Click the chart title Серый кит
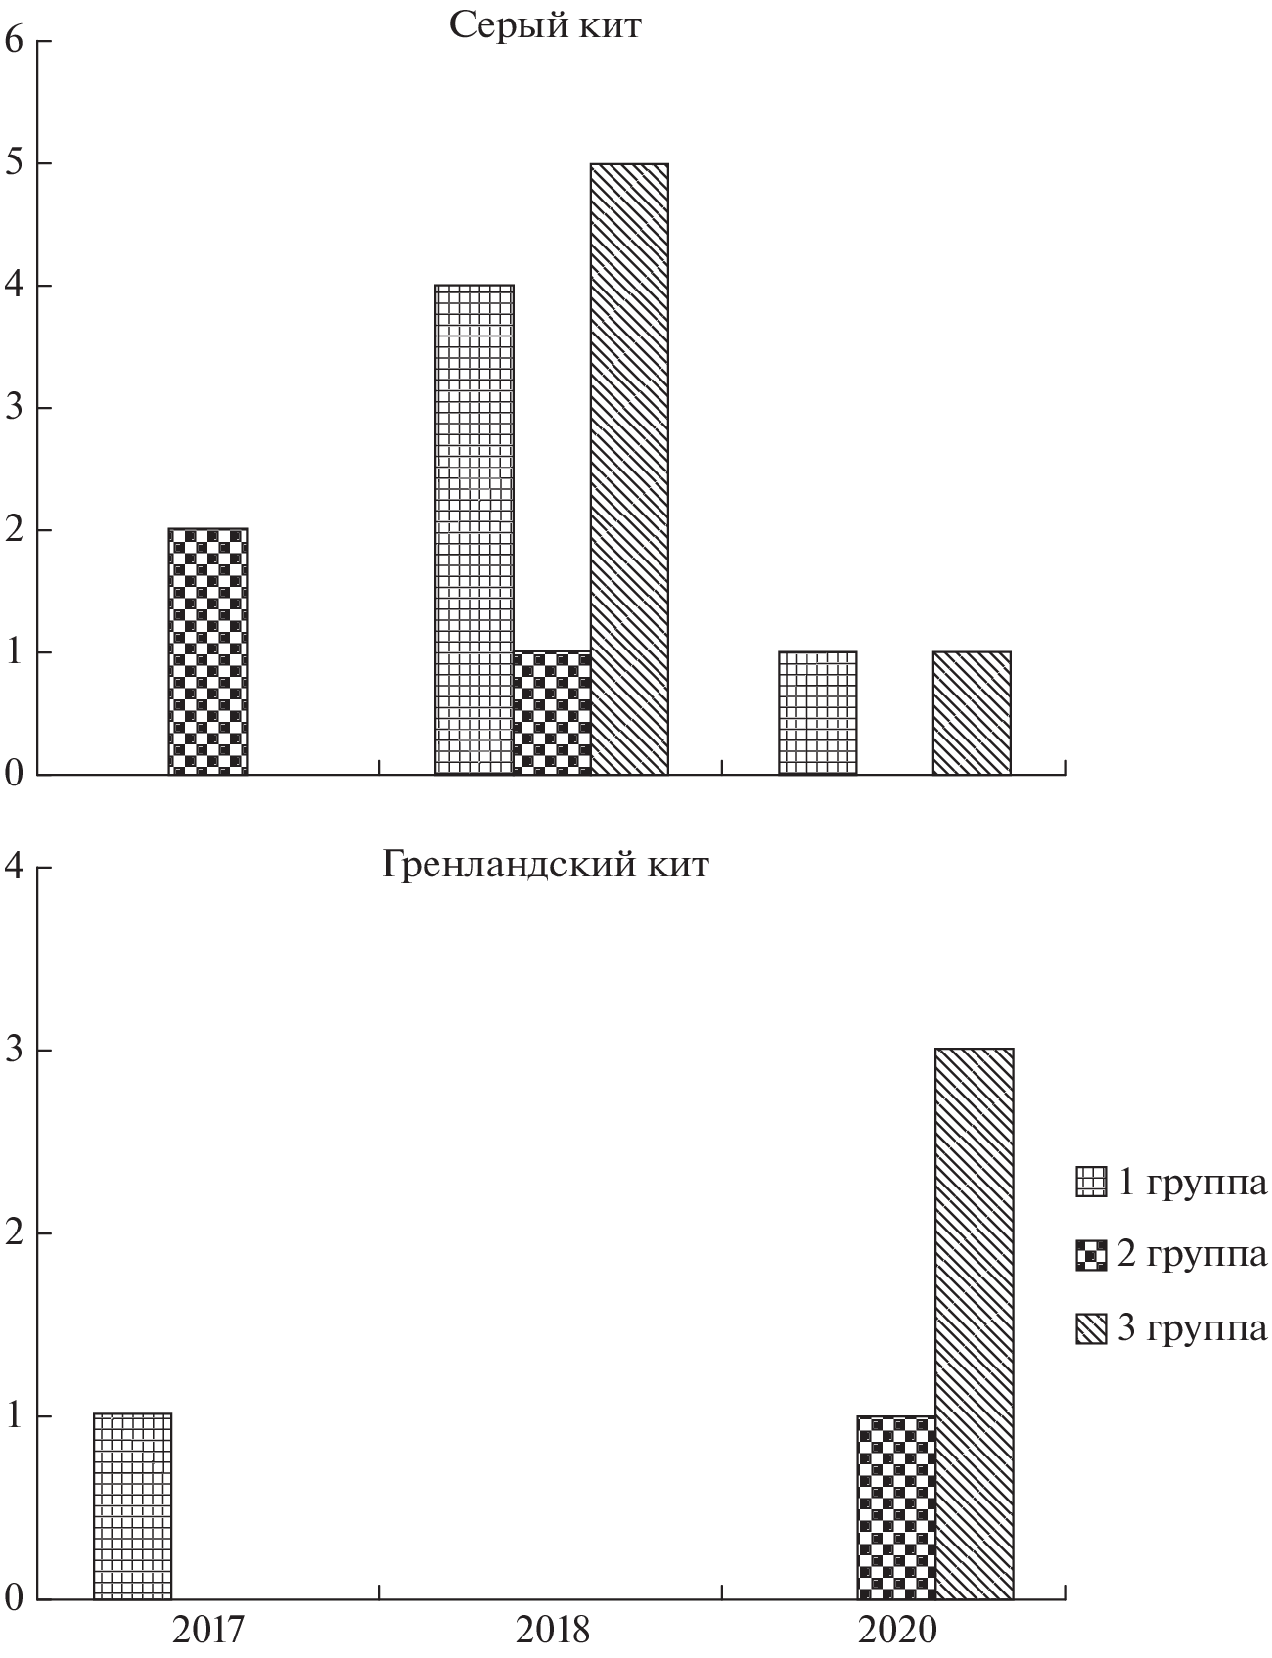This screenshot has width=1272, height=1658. click(544, 25)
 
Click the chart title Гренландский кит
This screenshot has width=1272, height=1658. click(545, 865)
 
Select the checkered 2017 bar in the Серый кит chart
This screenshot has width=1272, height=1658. click(208, 651)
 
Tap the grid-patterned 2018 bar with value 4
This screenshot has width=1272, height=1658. click(474, 529)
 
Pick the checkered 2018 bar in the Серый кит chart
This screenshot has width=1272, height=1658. click(552, 713)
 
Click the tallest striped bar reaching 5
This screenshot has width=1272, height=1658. click(629, 469)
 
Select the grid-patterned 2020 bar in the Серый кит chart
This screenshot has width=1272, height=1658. click(818, 713)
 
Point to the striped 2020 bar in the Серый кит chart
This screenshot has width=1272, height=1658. click(972, 713)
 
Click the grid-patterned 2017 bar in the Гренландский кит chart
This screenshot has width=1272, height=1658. click(132, 1505)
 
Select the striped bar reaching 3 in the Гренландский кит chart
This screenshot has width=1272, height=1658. click(974, 1323)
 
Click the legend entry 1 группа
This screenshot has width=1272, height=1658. click(1171, 1183)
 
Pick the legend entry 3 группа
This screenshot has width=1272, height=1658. click(1171, 1328)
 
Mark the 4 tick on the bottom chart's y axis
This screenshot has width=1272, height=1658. click(14, 868)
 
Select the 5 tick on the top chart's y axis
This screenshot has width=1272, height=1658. click(14, 163)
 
